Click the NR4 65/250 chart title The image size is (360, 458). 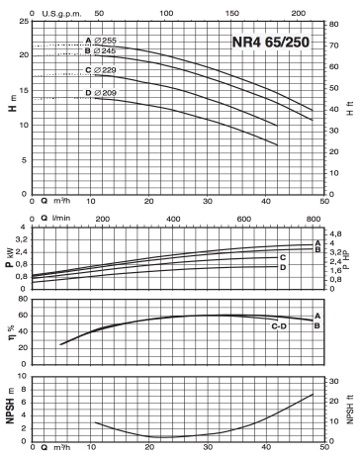tap(271, 42)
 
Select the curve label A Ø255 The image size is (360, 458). tap(101, 41)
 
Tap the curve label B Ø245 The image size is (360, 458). tap(100, 50)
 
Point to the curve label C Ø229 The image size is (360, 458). tap(101, 70)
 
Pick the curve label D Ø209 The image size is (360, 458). tap(101, 93)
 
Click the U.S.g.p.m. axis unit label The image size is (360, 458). tap(61, 14)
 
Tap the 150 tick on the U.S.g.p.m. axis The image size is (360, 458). tap(232, 13)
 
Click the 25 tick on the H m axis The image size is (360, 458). tap(25, 22)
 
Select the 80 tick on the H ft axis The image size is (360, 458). tap(333, 25)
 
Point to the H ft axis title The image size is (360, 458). tap(350, 108)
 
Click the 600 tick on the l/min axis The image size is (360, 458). tap(243, 219)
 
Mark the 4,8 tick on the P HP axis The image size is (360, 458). tap(335, 234)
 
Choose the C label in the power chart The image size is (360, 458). tap(283, 257)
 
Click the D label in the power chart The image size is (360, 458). tap(283, 267)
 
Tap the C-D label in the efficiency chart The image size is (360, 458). tap(279, 326)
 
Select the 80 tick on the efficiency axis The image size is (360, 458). tap(23, 299)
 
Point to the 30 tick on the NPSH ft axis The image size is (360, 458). tap(334, 381)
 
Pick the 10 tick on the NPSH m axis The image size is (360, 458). tap(23, 376)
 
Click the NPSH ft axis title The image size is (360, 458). tap(350, 410)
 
